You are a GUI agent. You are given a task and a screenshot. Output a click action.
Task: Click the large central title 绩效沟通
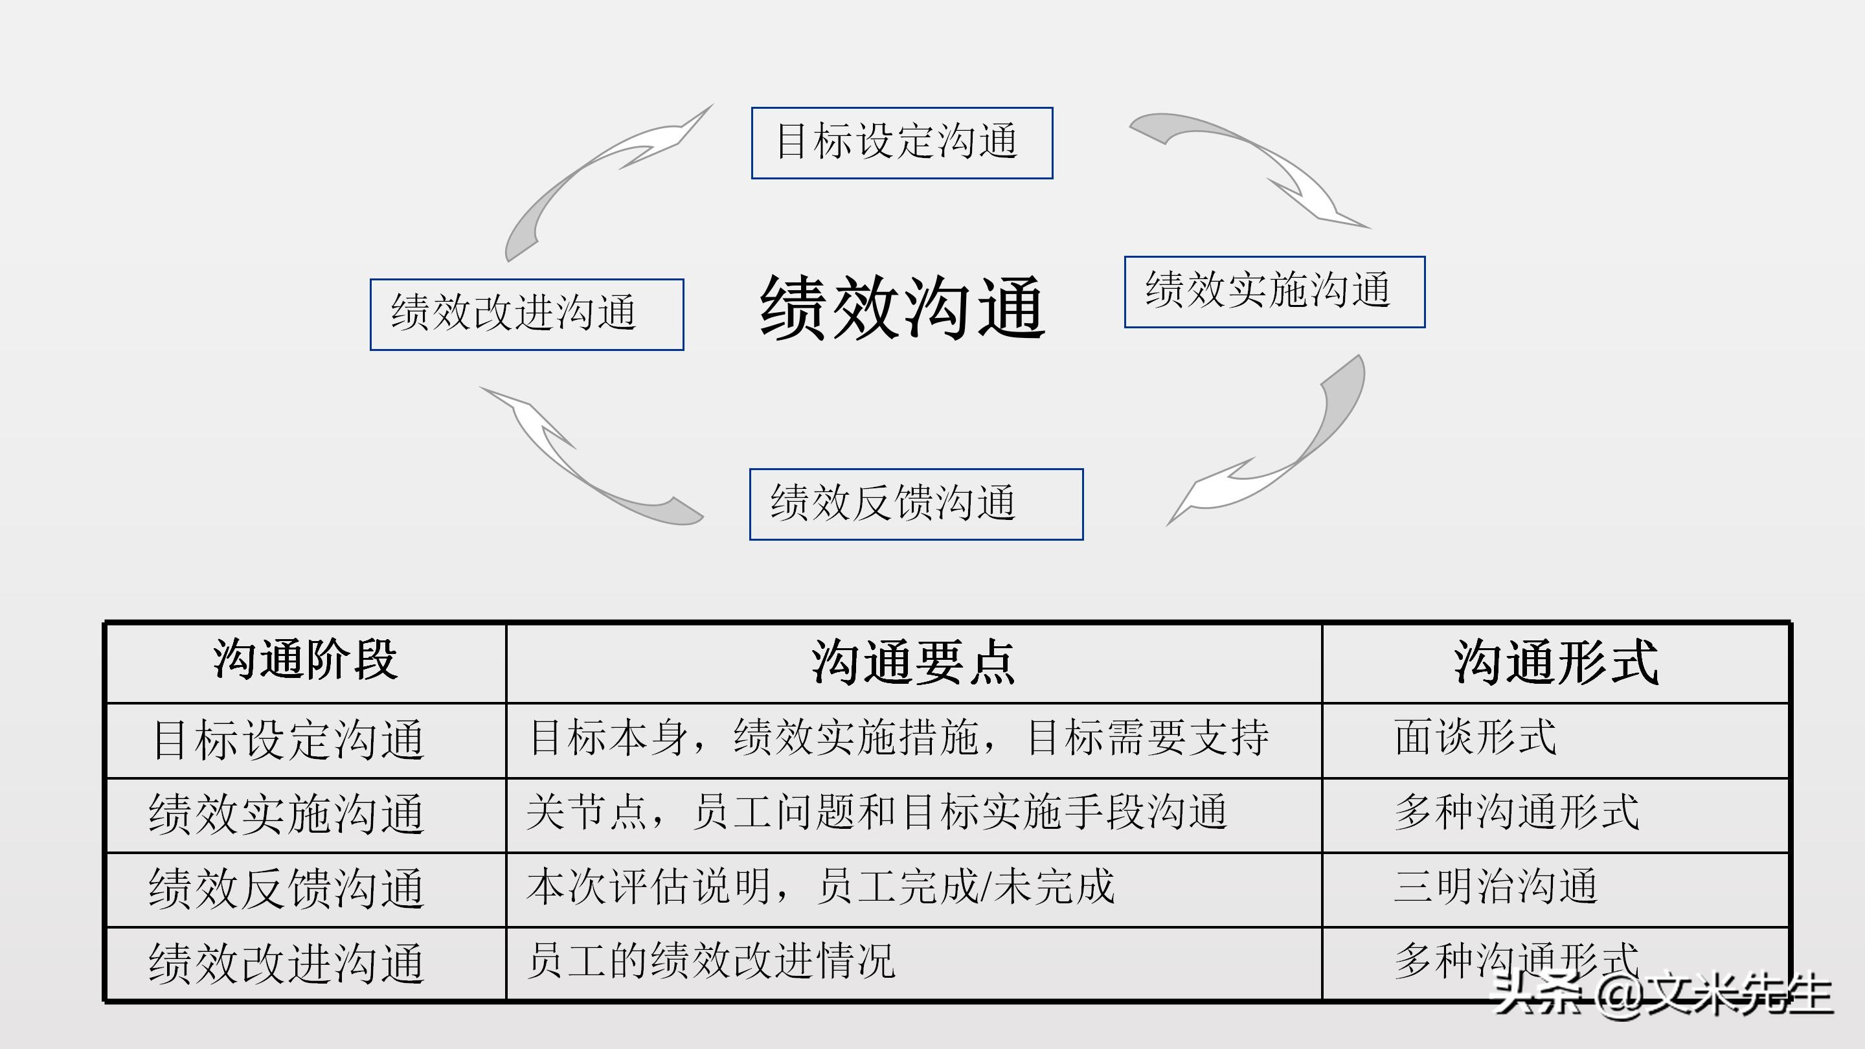click(902, 307)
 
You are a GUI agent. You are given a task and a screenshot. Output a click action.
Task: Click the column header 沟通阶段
click(305, 660)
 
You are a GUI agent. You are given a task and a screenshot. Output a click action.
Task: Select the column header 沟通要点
click(913, 662)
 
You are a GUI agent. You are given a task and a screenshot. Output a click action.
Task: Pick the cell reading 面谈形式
click(1475, 738)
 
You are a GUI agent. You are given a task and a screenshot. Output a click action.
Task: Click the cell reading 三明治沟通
click(1495, 886)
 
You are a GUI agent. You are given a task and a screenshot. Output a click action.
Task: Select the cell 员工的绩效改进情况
click(711, 961)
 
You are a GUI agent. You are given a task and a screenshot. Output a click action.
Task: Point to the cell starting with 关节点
click(877, 811)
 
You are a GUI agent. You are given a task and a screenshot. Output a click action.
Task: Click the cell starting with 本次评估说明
click(820, 886)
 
